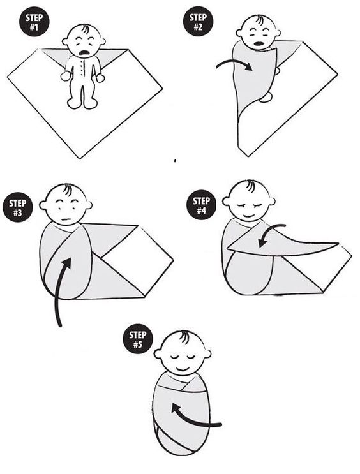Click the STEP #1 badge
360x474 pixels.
tap(34, 22)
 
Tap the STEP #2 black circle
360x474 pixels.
tap(198, 22)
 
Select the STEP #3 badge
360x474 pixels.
tap(18, 207)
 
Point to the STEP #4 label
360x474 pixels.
tap(201, 205)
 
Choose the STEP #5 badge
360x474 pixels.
tap(138, 339)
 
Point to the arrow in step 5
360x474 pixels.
tap(197, 421)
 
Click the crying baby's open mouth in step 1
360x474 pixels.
tap(85, 52)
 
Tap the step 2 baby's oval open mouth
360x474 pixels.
tap(259, 43)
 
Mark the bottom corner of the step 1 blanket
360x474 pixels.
tap(80, 158)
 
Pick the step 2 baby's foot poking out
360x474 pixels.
tap(266, 97)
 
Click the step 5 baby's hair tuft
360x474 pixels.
tap(184, 337)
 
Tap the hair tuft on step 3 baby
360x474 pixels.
tap(68, 189)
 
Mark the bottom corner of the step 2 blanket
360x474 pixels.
tap(248, 156)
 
